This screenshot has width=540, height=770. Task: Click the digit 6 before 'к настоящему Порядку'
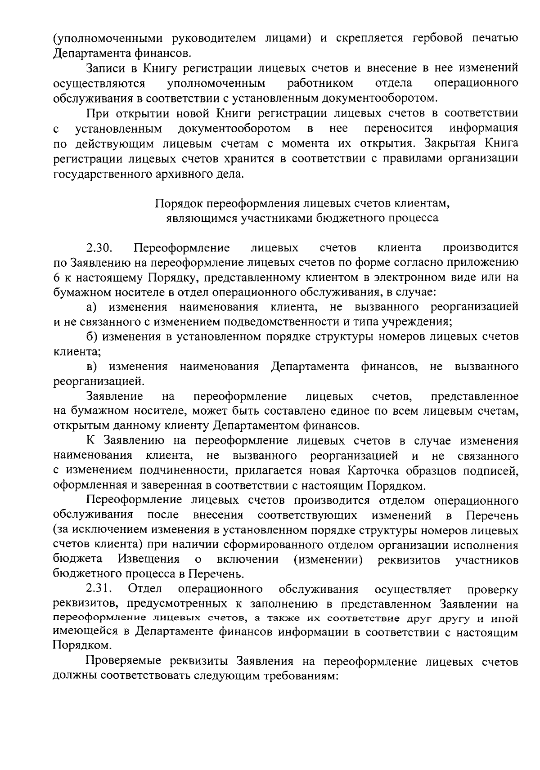tap(57, 278)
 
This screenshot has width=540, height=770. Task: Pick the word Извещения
tap(149, 559)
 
